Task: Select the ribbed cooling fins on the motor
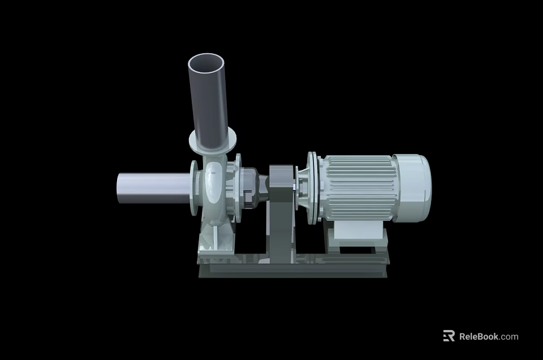[x=356, y=187]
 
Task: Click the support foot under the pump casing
[x=215, y=241]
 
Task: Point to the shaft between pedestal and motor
[x=298, y=185]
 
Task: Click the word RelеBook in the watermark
[x=479, y=336]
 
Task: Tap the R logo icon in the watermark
[x=449, y=336]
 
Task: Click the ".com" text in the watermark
[x=509, y=336]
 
